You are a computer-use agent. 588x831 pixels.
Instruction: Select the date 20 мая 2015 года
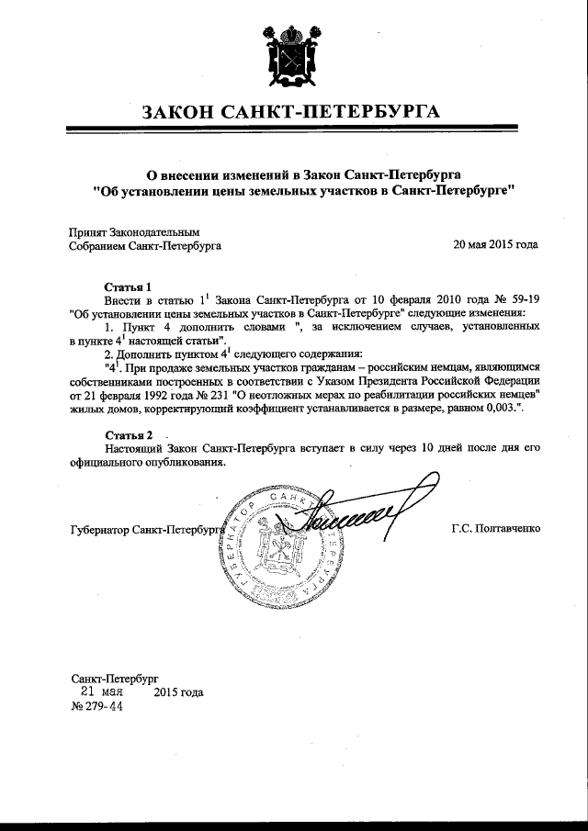pyautogui.click(x=496, y=246)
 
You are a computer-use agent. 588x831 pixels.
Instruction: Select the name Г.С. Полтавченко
pyautogui.click(x=496, y=530)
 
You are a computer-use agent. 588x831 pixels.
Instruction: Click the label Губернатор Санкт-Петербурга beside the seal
pyautogui.click(x=147, y=531)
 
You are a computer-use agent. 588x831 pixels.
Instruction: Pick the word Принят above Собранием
pyautogui.click(x=88, y=232)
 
